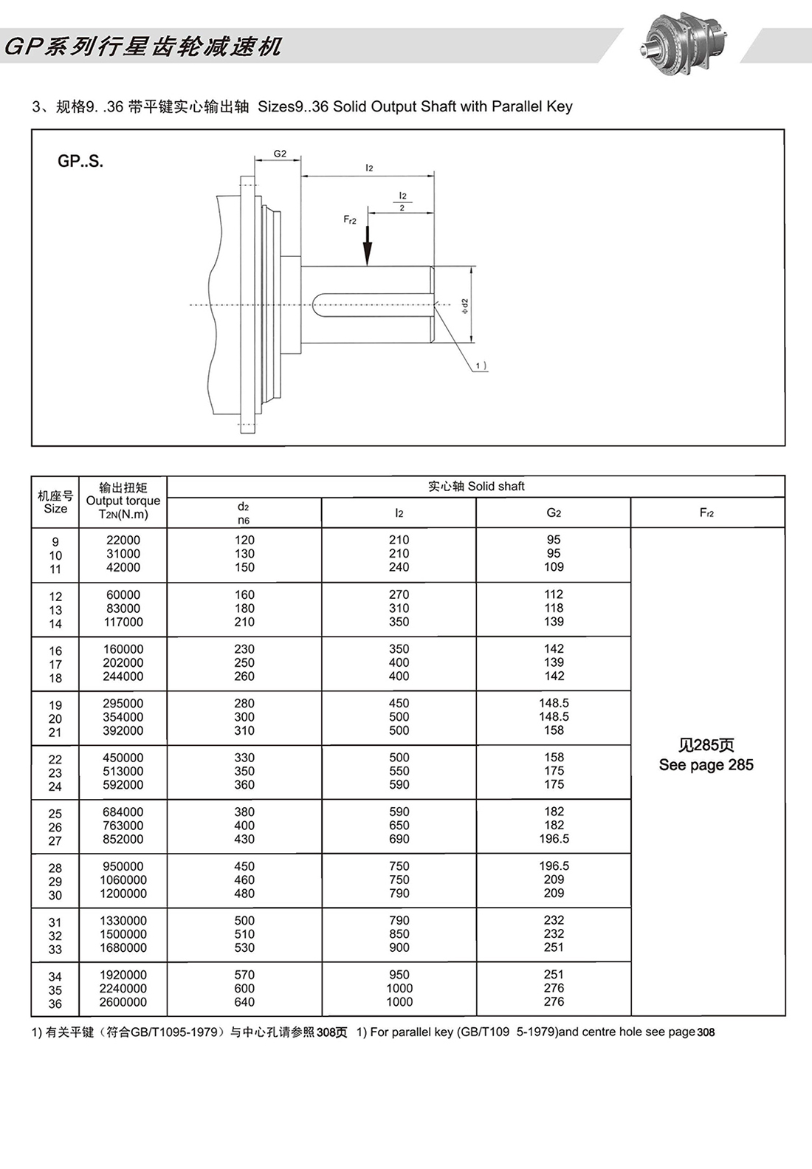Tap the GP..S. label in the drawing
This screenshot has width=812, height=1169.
tap(80, 161)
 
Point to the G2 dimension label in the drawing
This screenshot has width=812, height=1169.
tap(280, 154)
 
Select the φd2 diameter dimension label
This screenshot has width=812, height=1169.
tap(464, 306)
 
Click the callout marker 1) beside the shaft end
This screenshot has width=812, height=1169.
tap(480, 366)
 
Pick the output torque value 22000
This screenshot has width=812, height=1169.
tap(123, 540)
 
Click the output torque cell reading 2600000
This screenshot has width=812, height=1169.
tap(123, 1002)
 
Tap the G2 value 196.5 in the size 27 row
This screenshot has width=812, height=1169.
tap(554, 839)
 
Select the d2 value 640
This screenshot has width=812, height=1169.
tap(244, 1002)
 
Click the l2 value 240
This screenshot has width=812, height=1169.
tap(399, 567)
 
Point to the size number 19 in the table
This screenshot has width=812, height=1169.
tap(55, 705)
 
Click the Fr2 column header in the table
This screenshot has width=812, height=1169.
tap(706, 512)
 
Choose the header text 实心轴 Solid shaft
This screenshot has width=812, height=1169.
tap(476, 486)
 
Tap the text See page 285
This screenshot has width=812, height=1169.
tap(706, 765)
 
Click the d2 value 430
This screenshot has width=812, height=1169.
tap(244, 839)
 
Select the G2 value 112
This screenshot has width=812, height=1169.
tap(554, 594)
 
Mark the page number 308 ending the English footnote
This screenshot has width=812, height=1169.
tap(706, 1032)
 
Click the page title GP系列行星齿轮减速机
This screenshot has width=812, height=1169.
tap(144, 47)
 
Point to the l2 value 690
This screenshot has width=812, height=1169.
tap(399, 839)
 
